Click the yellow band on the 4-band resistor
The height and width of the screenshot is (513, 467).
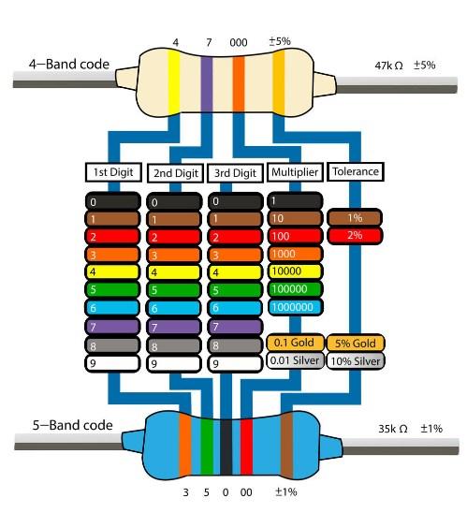click(174, 82)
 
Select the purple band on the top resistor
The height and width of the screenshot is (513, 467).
click(206, 84)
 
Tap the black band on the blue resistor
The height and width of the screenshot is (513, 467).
click(226, 447)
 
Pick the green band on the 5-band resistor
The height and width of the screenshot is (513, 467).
click(207, 447)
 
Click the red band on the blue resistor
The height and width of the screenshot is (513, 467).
click(246, 447)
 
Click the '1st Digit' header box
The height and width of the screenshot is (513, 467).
click(113, 172)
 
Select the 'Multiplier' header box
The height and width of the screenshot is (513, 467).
click(295, 172)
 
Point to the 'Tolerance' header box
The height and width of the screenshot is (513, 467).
click(356, 171)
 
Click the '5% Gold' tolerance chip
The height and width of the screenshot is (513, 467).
click(356, 343)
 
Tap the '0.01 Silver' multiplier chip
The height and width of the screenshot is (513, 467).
click(295, 360)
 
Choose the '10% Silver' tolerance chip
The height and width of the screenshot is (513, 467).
click(356, 360)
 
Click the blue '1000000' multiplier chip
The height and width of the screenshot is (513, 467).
click(295, 307)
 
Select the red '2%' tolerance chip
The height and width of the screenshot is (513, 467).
click(355, 236)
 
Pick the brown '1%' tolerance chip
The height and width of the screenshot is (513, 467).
click(355, 218)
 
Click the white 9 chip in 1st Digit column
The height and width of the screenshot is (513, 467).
click(112, 363)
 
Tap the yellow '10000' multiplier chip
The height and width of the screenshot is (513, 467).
click(295, 271)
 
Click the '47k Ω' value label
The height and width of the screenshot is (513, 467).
click(388, 66)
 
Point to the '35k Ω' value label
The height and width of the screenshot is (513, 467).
click(393, 429)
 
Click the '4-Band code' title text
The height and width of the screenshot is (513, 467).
click(69, 64)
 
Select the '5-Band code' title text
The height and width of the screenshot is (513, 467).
click(73, 425)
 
